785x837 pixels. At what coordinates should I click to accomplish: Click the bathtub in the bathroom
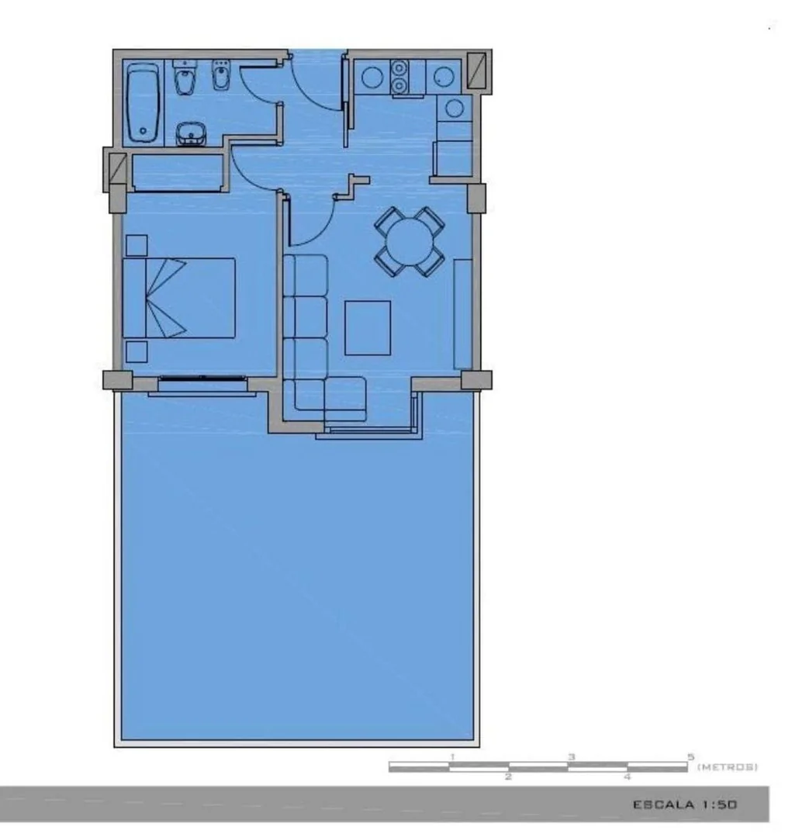(143, 103)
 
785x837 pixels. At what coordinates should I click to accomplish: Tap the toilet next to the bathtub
(185, 78)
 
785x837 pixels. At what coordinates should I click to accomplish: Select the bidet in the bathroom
(220, 75)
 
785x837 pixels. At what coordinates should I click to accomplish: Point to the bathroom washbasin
(191, 134)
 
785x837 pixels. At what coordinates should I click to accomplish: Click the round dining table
(410, 242)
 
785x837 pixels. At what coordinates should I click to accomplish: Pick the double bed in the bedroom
(178, 298)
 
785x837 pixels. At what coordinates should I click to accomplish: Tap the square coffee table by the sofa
(368, 328)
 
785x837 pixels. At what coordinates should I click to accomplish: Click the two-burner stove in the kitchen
(399, 78)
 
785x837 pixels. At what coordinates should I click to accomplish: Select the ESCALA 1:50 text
(685, 804)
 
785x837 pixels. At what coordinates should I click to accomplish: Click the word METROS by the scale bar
(728, 767)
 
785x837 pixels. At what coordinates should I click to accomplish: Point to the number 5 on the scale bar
(690, 757)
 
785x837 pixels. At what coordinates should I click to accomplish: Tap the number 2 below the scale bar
(508, 776)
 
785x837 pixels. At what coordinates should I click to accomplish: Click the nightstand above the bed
(137, 246)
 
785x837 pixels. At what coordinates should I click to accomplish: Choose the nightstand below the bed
(137, 351)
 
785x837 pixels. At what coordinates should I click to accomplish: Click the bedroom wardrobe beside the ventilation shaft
(178, 173)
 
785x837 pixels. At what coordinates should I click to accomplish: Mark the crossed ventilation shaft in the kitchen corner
(476, 70)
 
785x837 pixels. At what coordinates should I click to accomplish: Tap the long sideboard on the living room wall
(462, 314)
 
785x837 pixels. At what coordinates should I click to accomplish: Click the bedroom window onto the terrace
(202, 379)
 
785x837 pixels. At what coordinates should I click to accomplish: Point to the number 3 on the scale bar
(572, 757)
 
